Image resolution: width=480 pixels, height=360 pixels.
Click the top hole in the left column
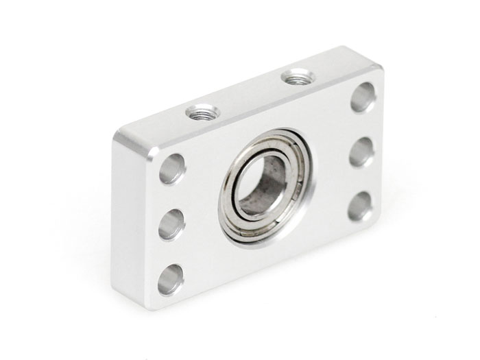pos(172,169)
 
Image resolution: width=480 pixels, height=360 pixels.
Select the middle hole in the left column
pos(171,224)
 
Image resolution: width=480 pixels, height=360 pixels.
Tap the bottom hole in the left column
pos(171,278)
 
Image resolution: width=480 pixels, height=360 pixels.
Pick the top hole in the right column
pos(363,97)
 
